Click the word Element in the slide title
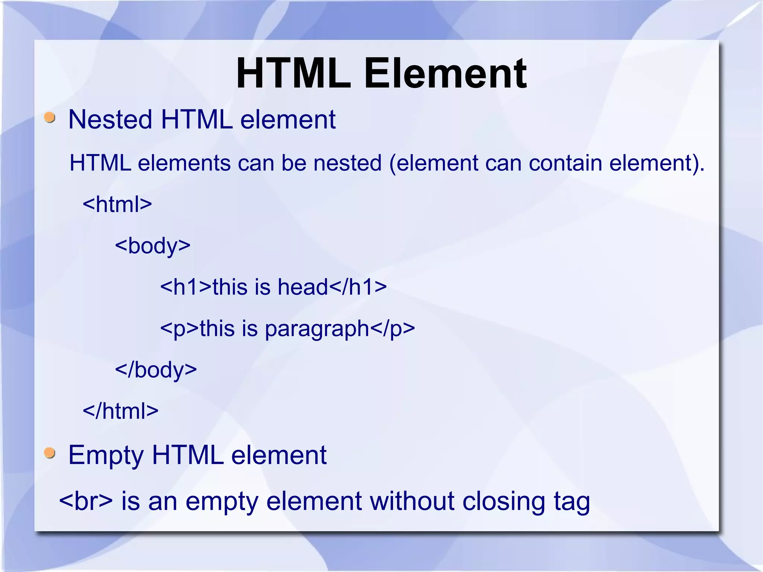click(445, 74)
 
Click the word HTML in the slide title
click(294, 74)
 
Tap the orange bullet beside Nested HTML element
click(50, 118)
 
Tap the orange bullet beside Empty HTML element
click(50, 453)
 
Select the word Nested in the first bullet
click(110, 120)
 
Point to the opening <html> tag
click(117, 204)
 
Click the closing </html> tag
click(120, 411)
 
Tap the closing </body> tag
click(156, 370)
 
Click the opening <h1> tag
click(186, 287)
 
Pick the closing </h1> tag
click(358, 287)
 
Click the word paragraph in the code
click(317, 329)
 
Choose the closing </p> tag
click(393, 329)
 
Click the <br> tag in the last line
click(86, 501)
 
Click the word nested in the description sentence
click(348, 163)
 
